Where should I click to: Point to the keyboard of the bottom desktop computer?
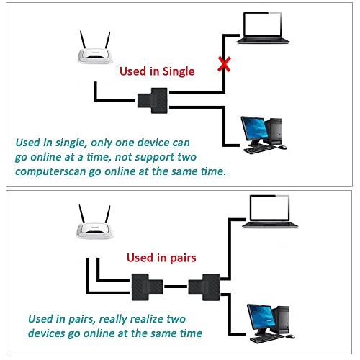click(x=261, y=334)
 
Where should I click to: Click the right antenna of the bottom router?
click(x=109, y=215)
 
